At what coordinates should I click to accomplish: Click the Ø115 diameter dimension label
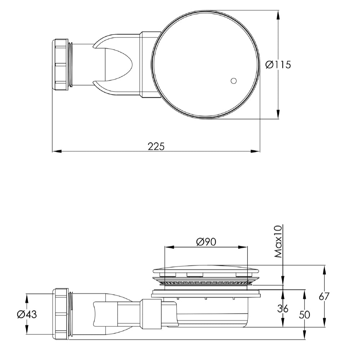(278, 65)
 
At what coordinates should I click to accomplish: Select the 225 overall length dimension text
(156, 147)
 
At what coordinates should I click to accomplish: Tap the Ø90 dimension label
(206, 242)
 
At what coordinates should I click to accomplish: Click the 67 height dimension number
(324, 297)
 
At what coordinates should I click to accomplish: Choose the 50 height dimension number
(305, 314)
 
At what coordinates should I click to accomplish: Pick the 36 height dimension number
(283, 309)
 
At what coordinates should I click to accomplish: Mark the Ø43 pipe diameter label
(27, 314)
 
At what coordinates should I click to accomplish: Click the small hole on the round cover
(233, 81)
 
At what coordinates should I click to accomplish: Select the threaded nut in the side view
(61, 314)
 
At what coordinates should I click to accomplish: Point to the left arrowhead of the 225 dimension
(55, 151)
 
